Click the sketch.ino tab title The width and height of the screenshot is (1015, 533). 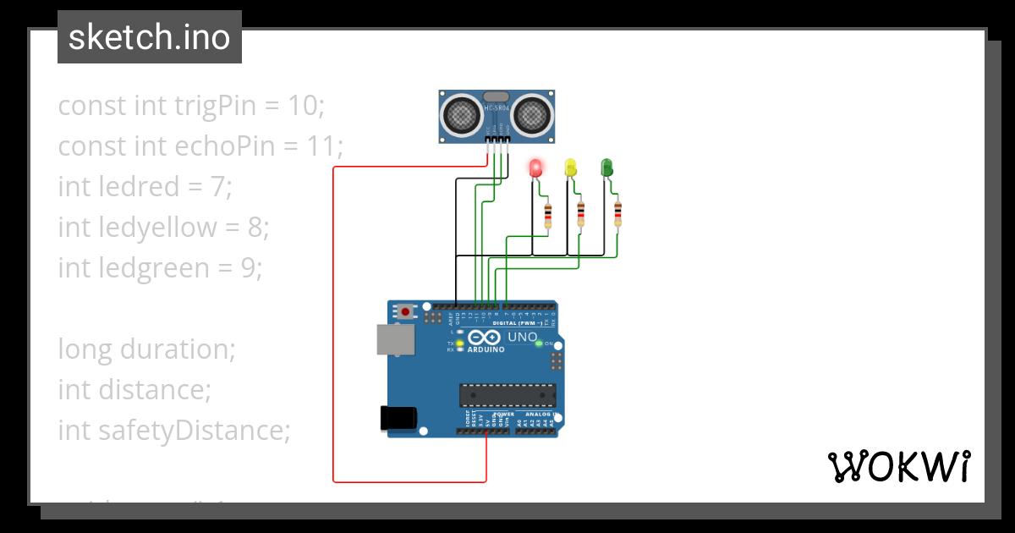[x=149, y=37]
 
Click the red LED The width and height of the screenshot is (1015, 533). [x=535, y=168]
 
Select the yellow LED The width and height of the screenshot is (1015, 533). [x=571, y=168]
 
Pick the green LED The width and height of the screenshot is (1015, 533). [x=606, y=168]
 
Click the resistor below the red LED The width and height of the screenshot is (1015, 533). [x=548, y=215]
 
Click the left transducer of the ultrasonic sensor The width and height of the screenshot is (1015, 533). [x=462, y=113]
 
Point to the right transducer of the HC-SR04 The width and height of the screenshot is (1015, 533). [x=532, y=113]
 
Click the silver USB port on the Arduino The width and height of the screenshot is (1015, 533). [x=395, y=340]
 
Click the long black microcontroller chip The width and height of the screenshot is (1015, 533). [x=507, y=395]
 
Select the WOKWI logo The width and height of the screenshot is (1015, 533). [x=898, y=466]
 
